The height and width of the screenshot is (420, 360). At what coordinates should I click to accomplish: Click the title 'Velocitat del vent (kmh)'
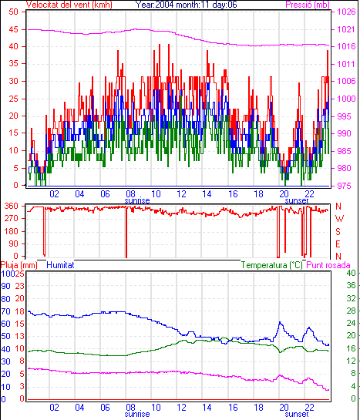point(69,5)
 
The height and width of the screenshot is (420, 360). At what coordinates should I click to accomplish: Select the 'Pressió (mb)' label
point(308,5)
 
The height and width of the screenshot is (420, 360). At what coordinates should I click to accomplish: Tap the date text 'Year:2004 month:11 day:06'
point(186,5)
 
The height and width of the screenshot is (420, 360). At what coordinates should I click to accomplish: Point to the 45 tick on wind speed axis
point(13,29)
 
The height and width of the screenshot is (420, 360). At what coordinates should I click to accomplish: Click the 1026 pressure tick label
point(346,12)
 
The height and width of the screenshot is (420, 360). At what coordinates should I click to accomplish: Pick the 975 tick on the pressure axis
point(344,186)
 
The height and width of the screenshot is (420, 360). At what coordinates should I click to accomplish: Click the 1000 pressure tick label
point(346,99)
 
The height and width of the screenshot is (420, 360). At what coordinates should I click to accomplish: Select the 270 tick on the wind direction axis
point(11,218)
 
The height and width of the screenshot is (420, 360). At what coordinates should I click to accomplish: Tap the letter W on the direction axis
point(339,219)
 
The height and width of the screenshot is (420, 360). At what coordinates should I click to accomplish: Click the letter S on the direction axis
point(338,231)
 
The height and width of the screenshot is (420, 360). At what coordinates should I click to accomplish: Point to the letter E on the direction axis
point(338,244)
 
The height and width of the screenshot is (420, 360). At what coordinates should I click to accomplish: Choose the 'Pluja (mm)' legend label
point(19,265)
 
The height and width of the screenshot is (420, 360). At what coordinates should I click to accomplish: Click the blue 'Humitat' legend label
point(60,265)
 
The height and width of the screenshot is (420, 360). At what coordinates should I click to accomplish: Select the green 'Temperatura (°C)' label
point(272,265)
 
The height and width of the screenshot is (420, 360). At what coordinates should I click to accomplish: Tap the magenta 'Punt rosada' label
point(328,265)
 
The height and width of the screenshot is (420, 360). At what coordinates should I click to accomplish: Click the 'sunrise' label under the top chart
point(137,200)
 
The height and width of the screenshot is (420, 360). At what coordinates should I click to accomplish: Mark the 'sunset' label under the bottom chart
point(297,414)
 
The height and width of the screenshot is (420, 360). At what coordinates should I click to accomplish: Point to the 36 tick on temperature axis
point(351,286)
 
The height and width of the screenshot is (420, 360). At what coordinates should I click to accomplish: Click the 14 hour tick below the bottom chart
point(207,408)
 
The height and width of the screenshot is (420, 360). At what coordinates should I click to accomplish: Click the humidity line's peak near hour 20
point(280,322)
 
